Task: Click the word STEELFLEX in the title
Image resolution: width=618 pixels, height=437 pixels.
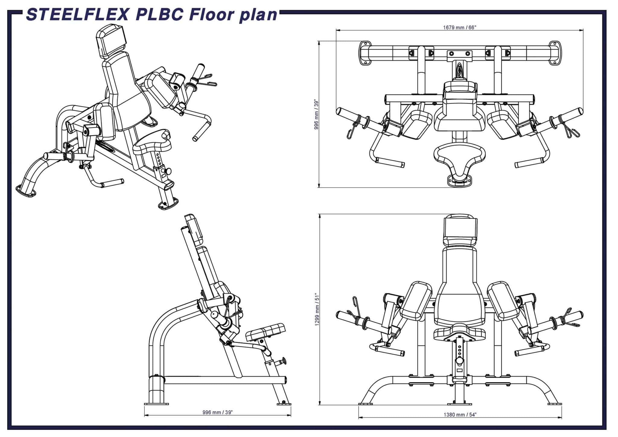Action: tap(77, 15)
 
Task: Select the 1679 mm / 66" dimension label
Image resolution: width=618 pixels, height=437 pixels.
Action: tap(459, 27)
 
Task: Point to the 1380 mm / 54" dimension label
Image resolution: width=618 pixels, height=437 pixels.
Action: tap(460, 414)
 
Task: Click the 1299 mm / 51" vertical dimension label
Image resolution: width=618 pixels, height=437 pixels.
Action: tap(317, 309)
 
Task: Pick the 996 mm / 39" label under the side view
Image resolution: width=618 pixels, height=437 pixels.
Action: tap(217, 412)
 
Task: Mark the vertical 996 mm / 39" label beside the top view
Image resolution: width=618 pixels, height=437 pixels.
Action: tap(316, 114)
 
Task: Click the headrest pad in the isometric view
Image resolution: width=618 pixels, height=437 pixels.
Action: tap(110, 41)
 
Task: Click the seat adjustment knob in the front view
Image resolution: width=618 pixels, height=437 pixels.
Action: tap(460, 361)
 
